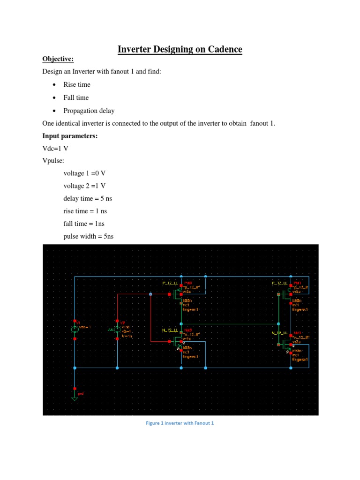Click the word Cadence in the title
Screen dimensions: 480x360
[221, 49]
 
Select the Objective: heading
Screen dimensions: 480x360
[58, 59]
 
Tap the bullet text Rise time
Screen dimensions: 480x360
[77, 84]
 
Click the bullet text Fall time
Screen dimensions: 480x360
[76, 97]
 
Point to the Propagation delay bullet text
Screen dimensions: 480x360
[89, 111]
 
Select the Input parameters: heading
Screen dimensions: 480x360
[69, 136]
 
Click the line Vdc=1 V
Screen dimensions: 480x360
[55, 148]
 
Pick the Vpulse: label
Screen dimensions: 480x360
[54, 161]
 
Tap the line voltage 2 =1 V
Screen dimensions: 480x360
[85, 186]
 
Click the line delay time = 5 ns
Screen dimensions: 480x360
[88, 198]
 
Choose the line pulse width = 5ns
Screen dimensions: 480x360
[89, 236]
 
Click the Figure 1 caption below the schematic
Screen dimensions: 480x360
[180, 423]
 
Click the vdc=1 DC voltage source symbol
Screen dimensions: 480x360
[75, 330]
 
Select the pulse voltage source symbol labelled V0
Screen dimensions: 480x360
[117, 330]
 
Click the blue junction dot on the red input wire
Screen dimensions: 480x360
[150, 294]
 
